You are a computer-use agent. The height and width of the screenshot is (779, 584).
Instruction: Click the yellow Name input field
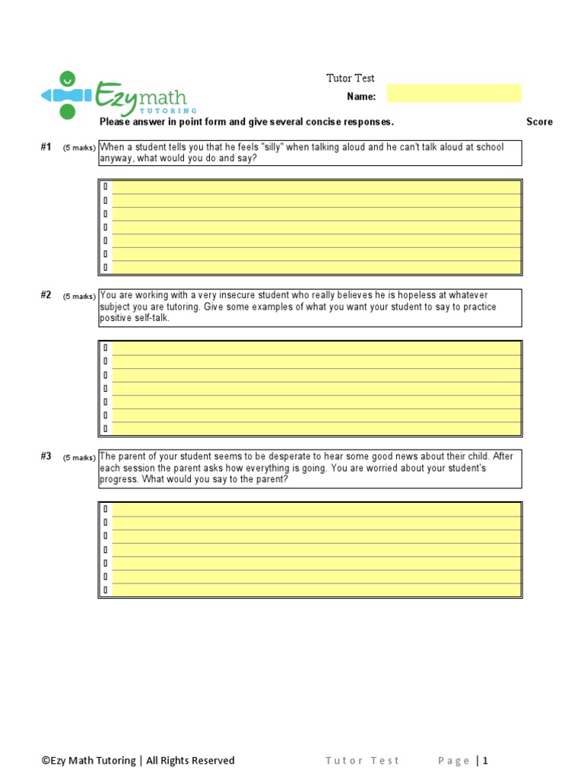454,94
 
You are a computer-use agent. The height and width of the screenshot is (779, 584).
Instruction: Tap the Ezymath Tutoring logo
118,95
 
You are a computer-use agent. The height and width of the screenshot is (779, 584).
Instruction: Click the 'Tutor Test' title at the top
351,78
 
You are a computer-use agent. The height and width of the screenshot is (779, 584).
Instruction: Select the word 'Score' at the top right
539,122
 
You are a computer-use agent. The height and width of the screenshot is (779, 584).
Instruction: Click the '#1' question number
46,148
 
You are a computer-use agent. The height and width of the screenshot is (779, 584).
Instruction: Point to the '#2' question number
46,295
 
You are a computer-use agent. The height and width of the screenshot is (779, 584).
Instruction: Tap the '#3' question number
46,456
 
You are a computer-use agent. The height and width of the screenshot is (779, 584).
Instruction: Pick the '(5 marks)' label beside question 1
79,148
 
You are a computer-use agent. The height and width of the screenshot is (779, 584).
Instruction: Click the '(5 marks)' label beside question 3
79,457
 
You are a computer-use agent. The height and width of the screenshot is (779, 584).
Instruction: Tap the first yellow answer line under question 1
316,187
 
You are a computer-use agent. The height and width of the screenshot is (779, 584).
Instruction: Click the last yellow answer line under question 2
316,428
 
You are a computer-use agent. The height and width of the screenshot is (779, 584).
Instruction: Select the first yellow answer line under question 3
316,510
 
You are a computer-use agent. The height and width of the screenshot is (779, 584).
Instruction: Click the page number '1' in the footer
484,760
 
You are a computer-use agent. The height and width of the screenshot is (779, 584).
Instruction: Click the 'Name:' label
361,97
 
